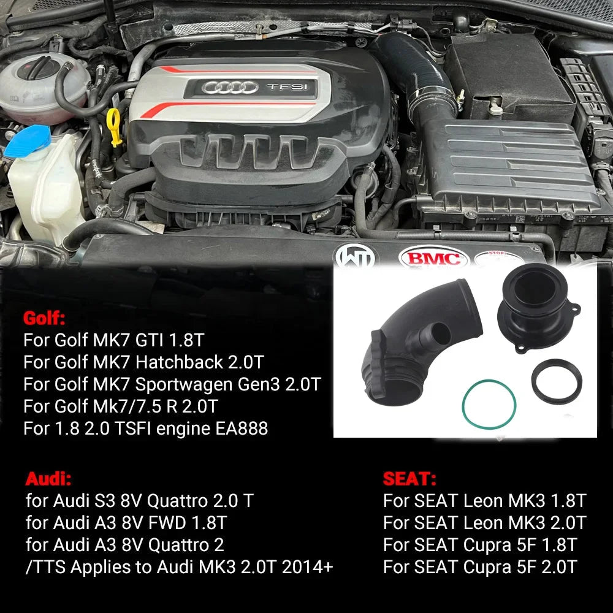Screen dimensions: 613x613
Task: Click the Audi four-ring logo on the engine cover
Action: click(230, 88)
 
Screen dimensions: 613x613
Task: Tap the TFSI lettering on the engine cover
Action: click(287, 86)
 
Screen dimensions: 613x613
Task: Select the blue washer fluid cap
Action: click(28, 142)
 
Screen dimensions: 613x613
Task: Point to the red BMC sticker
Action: click(433, 258)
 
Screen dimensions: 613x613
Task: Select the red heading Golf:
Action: click(44, 318)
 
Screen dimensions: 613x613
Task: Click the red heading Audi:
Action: click(48, 479)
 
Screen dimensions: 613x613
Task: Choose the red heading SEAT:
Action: click(409, 479)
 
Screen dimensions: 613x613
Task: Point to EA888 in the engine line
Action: click(242, 428)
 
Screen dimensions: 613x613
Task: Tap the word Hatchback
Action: click(179, 362)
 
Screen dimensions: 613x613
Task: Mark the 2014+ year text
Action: click(307, 567)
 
